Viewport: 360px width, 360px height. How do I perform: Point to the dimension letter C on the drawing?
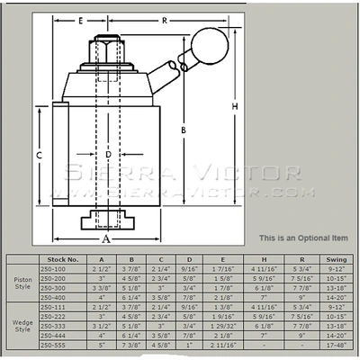click(x=40, y=155)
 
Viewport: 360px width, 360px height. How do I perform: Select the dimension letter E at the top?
click(x=80, y=18)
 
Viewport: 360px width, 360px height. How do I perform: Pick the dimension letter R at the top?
click(x=164, y=18)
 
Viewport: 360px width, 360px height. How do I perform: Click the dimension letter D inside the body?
click(x=108, y=155)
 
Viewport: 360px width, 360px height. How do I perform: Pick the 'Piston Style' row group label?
click(x=25, y=283)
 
